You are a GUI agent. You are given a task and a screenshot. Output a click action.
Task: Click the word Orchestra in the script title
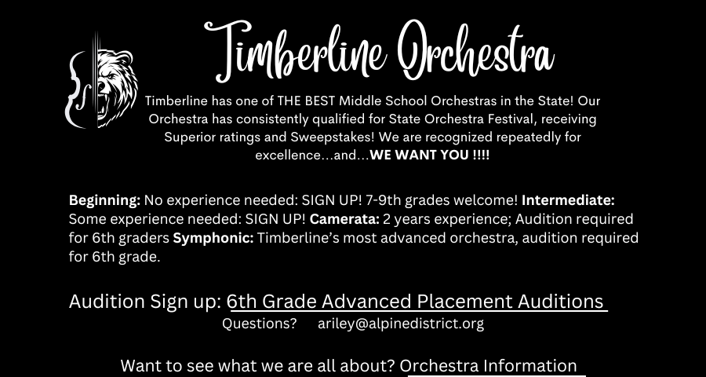476,49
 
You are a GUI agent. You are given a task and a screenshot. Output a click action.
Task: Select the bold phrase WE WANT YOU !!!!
430,156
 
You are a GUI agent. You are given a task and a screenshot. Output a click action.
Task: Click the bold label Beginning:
104,201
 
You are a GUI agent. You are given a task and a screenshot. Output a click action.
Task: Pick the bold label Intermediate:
568,199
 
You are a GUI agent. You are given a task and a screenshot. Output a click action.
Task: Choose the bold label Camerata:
345,219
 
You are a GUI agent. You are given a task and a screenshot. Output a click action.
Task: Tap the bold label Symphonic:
213,239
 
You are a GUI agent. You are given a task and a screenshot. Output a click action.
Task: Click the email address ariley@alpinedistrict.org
401,324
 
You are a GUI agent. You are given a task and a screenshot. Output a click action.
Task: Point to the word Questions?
260,324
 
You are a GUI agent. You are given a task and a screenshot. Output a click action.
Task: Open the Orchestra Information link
488,366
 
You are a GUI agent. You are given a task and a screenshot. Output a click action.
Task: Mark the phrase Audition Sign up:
145,302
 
